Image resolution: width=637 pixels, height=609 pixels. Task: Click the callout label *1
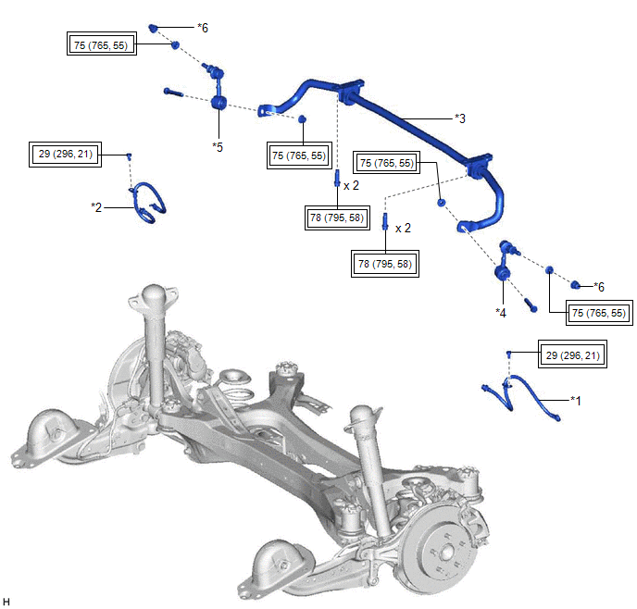tap(575, 401)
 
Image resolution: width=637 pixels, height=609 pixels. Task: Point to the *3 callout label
tap(459, 118)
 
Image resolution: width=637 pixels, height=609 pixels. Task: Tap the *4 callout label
tap(501, 312)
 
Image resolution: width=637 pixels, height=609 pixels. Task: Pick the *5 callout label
tap(217, 146)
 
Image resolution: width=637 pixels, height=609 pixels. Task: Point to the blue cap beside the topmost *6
tap(157, 27)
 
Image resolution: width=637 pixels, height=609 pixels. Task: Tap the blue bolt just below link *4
tap(531, 304)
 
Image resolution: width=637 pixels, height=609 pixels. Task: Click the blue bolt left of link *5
tap(174, 91)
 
